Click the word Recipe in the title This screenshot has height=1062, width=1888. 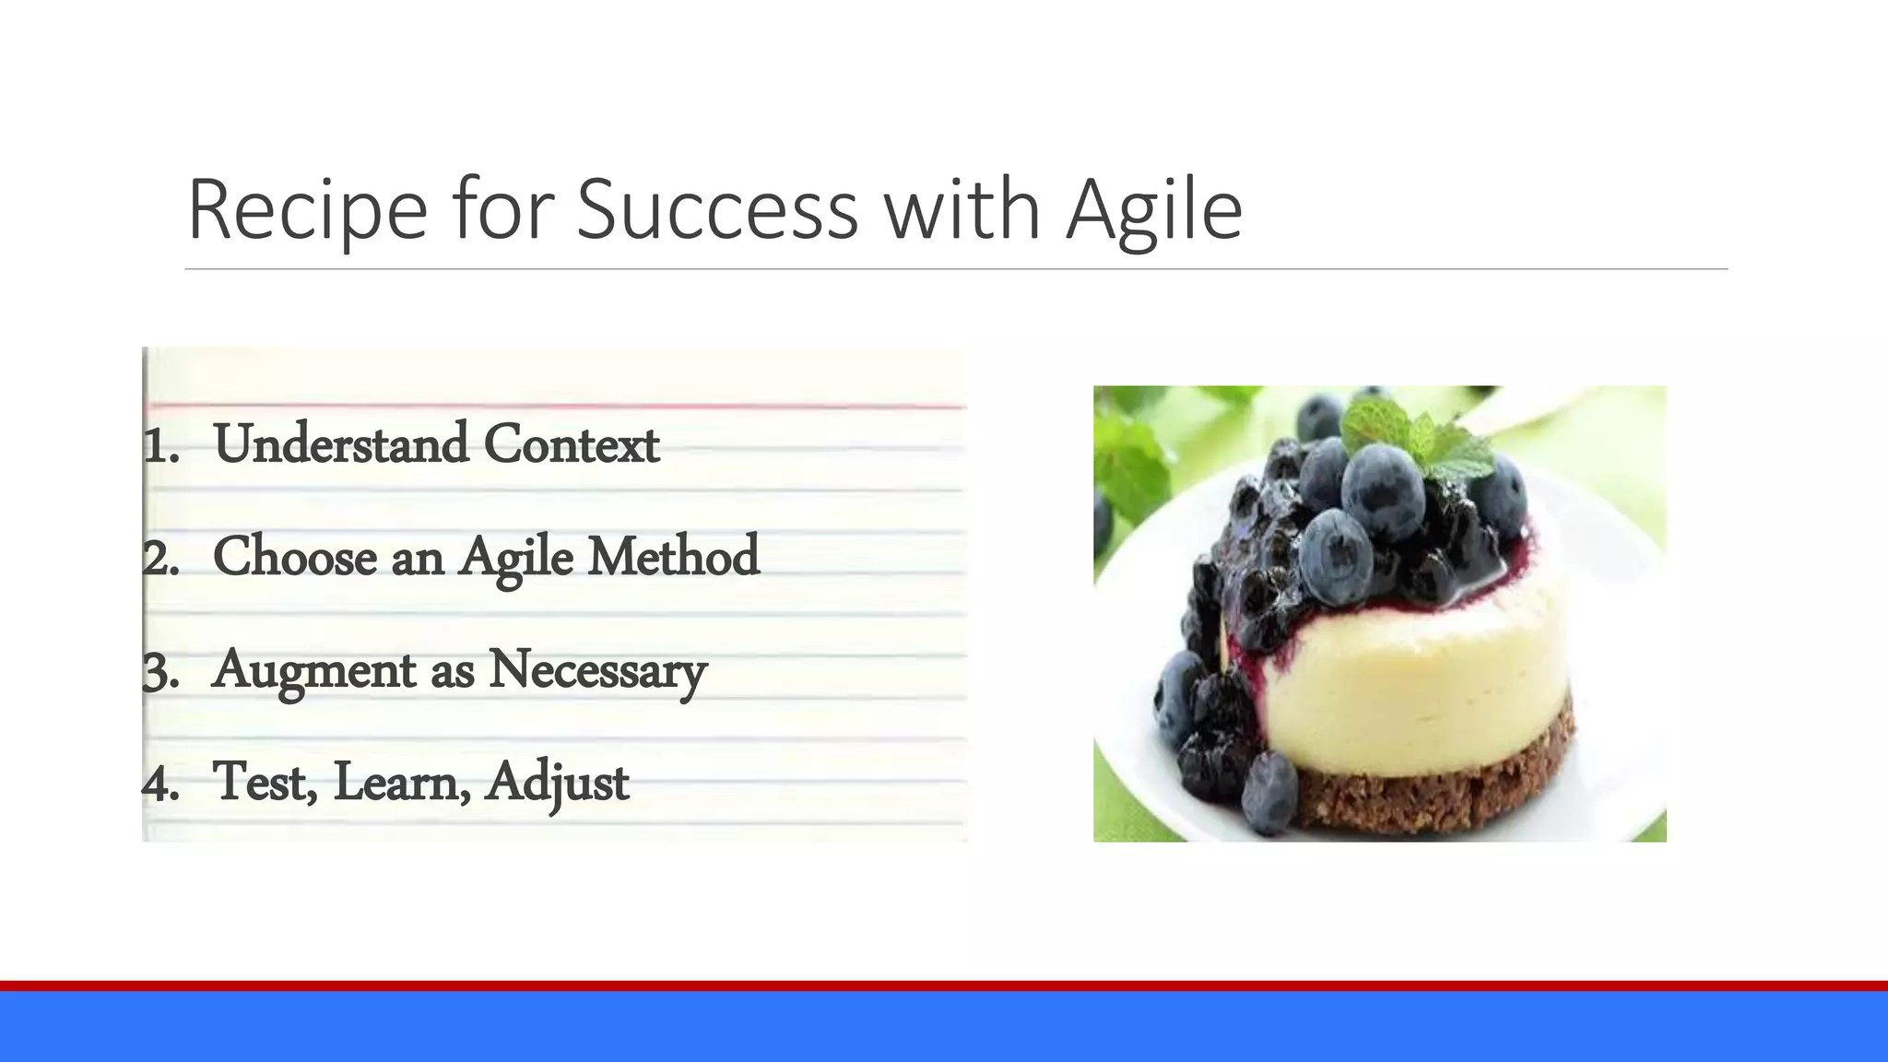[x=307, y=210]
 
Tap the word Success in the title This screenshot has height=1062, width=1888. [x=717, y=210]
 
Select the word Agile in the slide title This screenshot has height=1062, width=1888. [x=1154, y=210]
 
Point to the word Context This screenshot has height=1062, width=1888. [x=572, y=444]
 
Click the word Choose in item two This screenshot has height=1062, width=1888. [x=295, y=557]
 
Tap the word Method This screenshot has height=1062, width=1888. [x=674, y=557]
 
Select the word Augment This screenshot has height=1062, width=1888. [x=314, y=670]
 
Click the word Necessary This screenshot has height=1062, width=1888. [x=597, y=670]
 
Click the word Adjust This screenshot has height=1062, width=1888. [x=557, y=783]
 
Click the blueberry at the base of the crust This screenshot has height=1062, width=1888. [x=1270, y=791]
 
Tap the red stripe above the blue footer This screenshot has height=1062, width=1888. [x=944, y=985]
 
